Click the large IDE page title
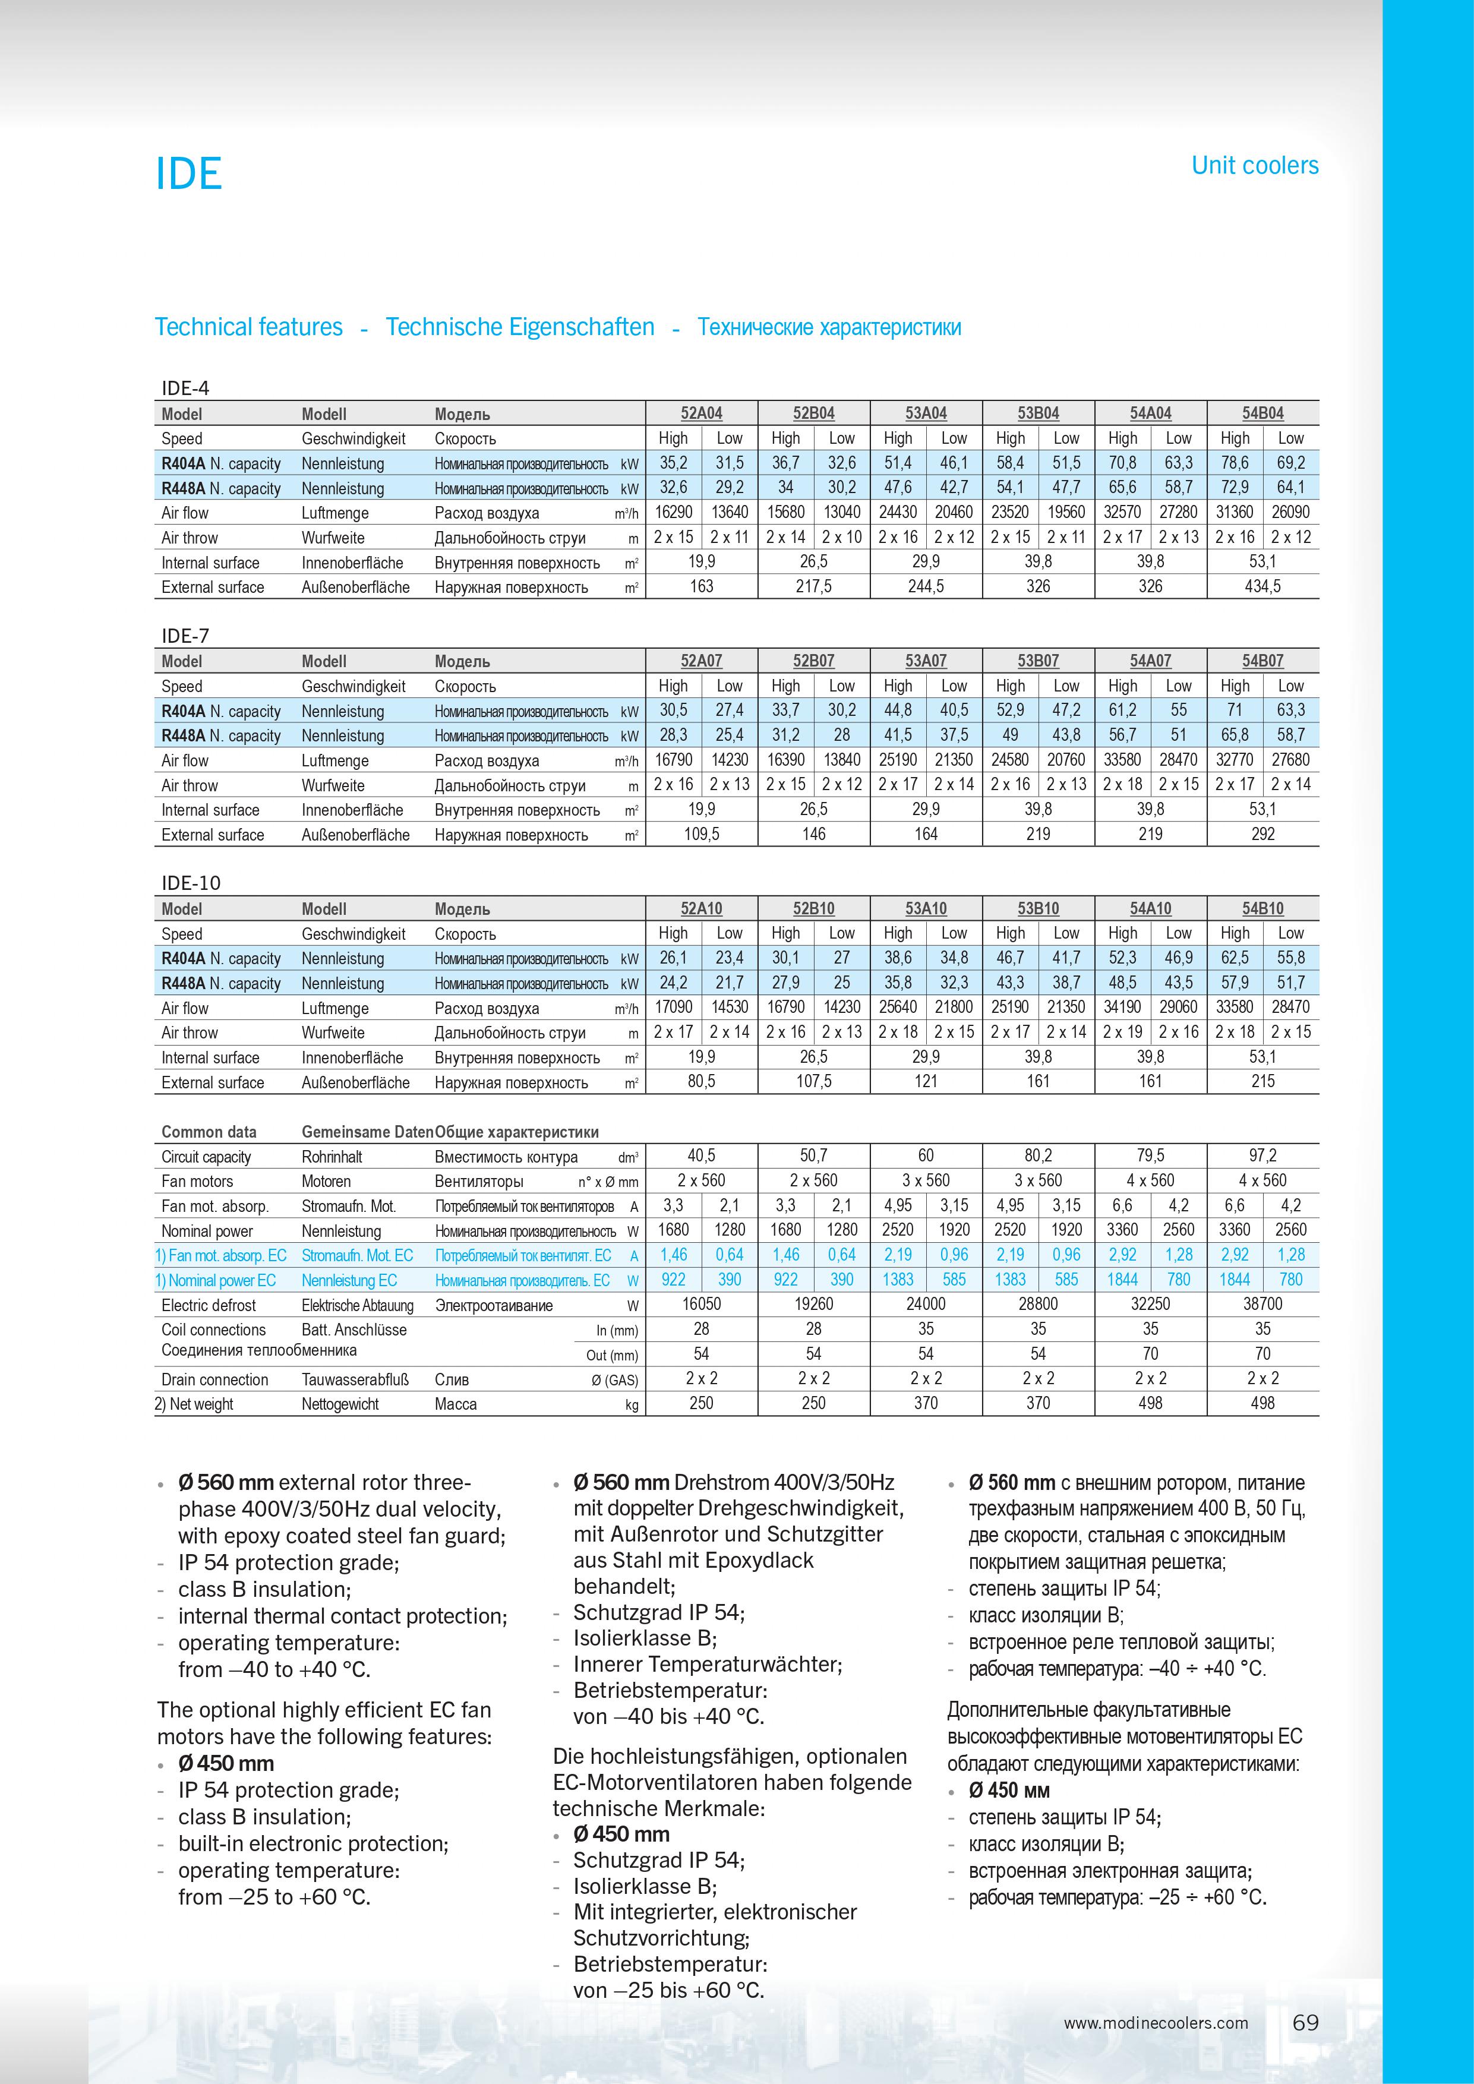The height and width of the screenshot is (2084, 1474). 189,173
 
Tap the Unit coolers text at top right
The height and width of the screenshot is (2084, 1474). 1254,165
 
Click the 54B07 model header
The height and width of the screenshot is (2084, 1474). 1262,661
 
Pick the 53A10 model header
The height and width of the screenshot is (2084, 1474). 926,908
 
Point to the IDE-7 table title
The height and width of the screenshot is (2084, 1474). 185,636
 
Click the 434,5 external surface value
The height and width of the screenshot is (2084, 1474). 1262,586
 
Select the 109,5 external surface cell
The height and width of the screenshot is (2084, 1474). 702,834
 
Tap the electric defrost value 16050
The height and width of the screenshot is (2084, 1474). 702,1305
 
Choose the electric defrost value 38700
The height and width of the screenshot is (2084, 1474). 1262,1305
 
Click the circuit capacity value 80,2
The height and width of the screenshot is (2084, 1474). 1039,1155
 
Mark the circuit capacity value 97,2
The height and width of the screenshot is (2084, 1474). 1262,1155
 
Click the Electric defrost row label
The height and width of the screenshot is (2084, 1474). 209,1305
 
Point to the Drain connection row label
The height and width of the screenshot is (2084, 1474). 215,1379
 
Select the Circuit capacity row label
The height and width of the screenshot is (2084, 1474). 206,1157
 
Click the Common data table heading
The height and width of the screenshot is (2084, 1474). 209,1132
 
